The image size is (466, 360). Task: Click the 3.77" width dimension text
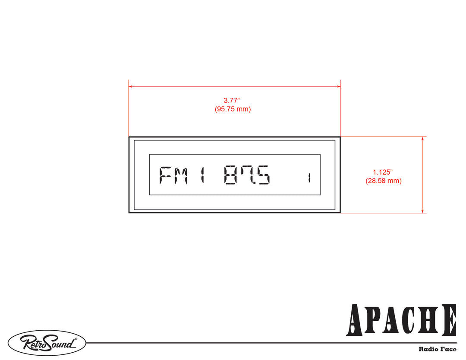coord(233,100)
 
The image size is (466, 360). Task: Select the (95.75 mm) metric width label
coord(233,109)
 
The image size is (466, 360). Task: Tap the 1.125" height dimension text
coord(383,172)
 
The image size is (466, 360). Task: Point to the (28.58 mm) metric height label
coord(383,181)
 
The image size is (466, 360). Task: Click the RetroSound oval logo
coord(47,343)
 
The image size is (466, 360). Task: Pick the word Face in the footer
coord(448,349)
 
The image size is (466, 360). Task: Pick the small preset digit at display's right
coord(309,178)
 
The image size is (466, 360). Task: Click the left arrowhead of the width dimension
coord(131,87)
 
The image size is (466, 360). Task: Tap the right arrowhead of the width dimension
coord(339,87)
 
